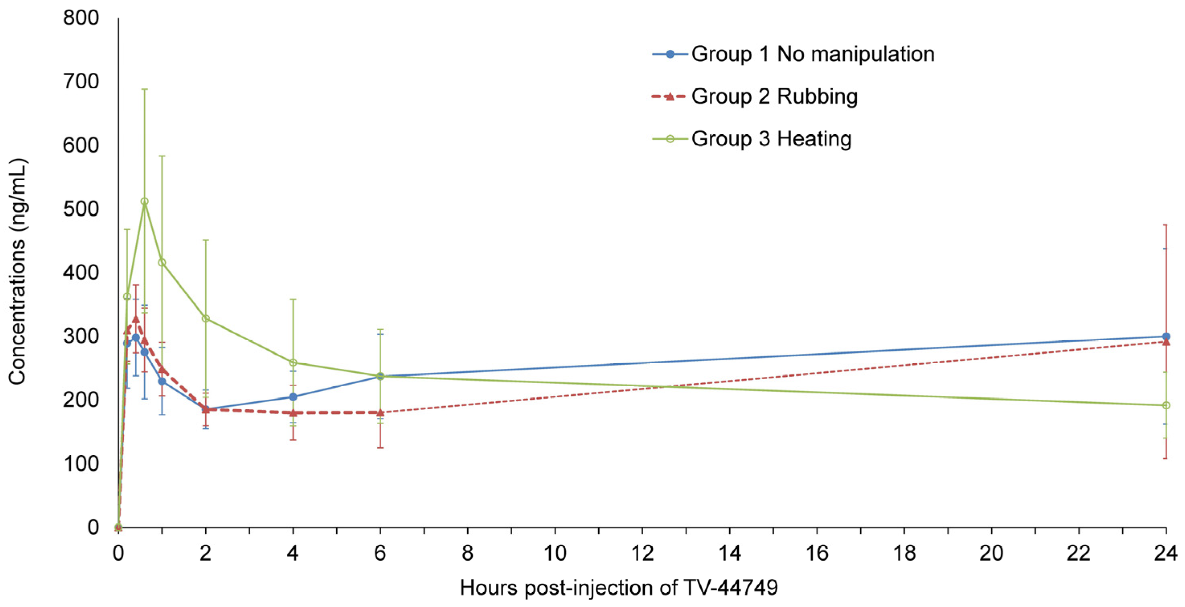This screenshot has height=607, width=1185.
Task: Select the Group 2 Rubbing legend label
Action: click(774, 97)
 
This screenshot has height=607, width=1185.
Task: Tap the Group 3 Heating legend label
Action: click(771, 139)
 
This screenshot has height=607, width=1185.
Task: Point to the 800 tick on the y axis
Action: click(81, 18)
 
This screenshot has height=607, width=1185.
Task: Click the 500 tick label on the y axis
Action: click(81, 209)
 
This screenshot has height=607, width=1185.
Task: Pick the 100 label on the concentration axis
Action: click(81, 464)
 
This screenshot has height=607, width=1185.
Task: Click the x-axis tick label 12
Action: click(642, 553)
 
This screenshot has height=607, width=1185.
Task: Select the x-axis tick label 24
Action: click(1166, 553)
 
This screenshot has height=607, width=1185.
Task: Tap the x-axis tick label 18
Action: click(904, 553)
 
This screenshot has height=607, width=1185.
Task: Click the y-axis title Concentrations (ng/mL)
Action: click(18, 272)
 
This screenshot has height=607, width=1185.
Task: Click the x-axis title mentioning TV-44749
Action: click(619, 588)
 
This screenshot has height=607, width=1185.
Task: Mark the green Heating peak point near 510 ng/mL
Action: click(145, 202)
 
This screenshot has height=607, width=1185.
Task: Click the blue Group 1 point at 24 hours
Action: click(1166, 336)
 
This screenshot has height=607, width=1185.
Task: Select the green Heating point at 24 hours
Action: click(1166, 405)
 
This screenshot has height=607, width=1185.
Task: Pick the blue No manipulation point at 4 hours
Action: click(293, 396)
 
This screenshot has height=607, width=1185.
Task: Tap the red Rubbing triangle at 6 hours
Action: click(380, 412)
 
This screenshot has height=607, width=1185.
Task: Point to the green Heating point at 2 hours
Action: click(206, 319)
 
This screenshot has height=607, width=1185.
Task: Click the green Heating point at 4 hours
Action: click(293, 363)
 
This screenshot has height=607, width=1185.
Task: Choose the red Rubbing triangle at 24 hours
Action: click(1166, 342)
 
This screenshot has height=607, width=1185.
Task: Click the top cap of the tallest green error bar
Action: click(145, 89)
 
